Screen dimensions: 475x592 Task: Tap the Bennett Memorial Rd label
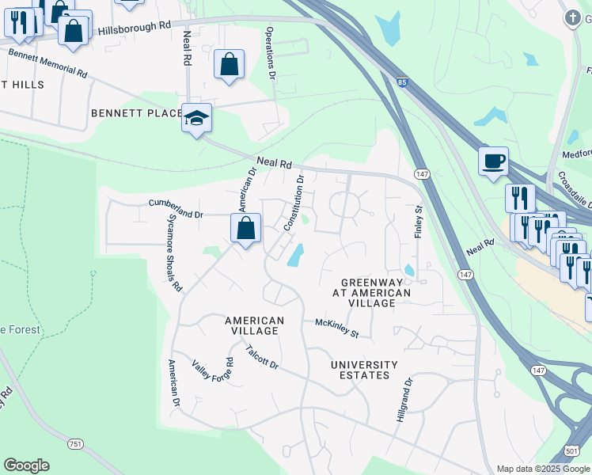(x=47, y=63)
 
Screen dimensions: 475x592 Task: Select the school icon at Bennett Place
(x=196, y=119)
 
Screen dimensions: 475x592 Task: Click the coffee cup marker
(x=493, y=162)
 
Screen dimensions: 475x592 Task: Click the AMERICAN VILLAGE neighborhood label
(x=254, y=325)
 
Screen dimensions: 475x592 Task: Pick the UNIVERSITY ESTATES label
(x=365, y=370)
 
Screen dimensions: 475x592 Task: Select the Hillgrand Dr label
(x=404, y=399)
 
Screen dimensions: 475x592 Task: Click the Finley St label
(x=419, y=221)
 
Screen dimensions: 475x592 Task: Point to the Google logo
(x=27, y=465)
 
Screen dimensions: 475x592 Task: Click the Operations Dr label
(x=271, y=54)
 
